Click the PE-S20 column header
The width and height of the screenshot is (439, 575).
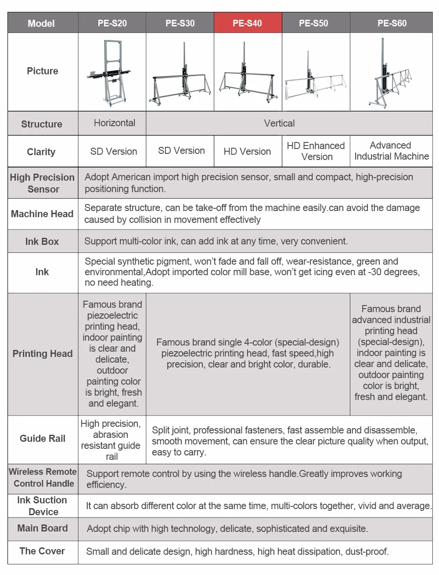[112, 23]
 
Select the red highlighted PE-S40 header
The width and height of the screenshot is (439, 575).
[247, 23]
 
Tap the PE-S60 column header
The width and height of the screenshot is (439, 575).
[392, 23]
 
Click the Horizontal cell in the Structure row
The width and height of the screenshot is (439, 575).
[114, 123]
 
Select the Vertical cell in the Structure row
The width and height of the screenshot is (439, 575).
[279, 124]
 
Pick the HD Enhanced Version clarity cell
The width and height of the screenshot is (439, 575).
[316, 151]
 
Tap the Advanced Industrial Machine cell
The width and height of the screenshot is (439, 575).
[391, 151]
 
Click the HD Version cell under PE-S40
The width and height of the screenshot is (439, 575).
[247, 152]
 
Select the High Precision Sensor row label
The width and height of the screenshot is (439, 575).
[43, 183]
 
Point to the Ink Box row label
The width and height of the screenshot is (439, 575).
[42, 241]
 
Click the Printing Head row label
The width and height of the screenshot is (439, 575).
[43, 354]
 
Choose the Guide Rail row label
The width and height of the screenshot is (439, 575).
[43, 439]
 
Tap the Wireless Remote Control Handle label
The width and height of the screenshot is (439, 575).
[43, 478]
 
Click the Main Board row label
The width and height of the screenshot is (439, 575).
[43, 528]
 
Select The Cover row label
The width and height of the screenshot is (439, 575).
[42, 551]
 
